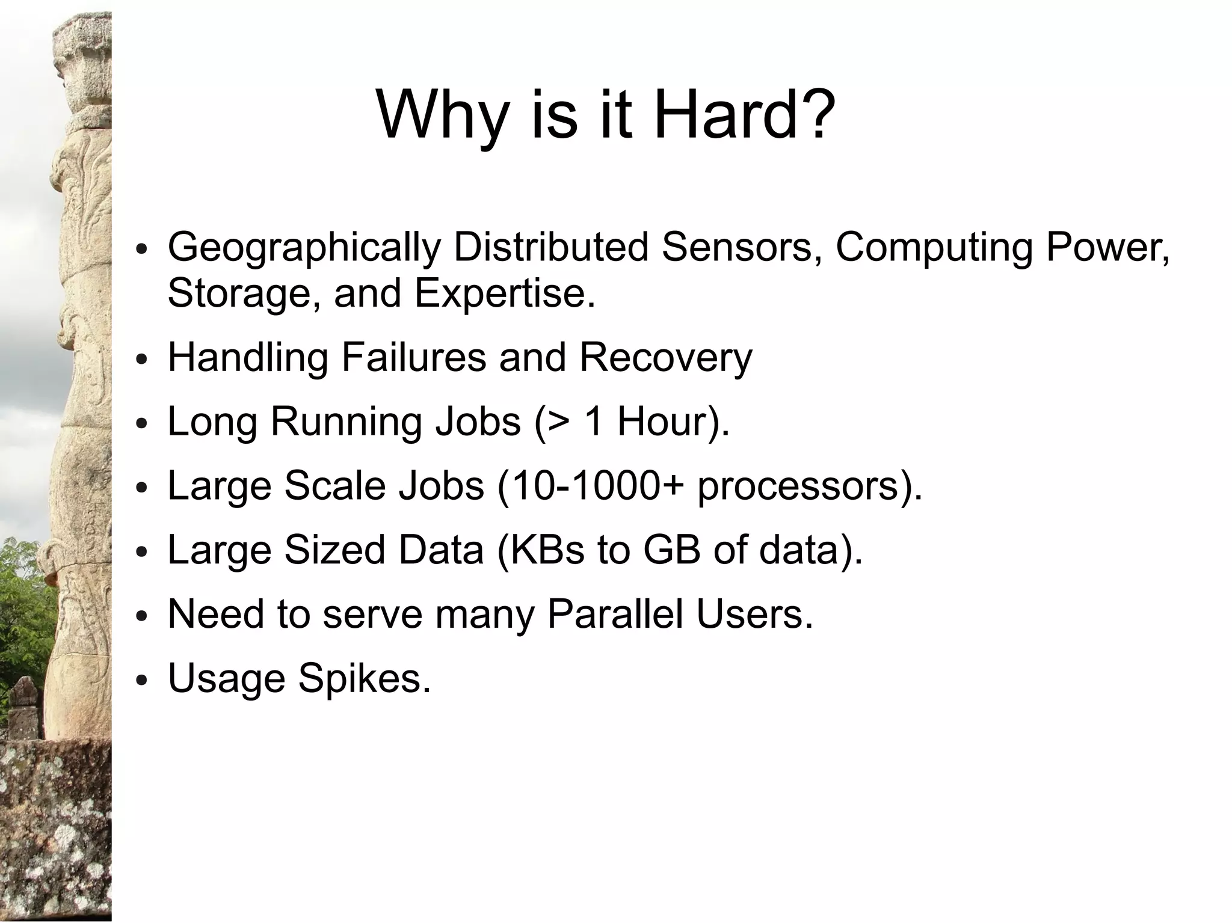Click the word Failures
[414, 357]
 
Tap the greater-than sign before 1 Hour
[558, 422]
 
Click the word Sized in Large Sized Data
[334, 551]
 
